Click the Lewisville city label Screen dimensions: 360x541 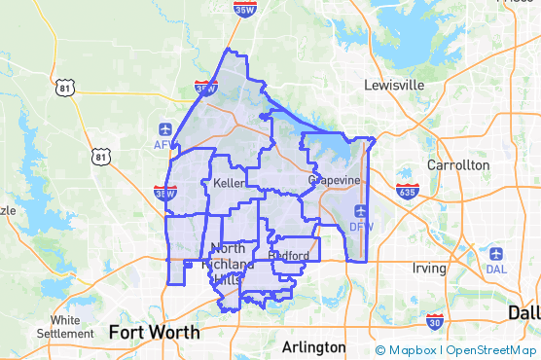coord(394,85)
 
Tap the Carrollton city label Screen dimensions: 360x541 coord(458,165)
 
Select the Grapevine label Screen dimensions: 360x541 coord(334,181)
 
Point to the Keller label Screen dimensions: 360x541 coord(228,183)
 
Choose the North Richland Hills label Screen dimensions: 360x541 coord(227,263)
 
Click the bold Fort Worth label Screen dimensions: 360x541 coord(155,332)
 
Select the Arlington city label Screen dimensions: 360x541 coord(312,347)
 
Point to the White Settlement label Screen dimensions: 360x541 coord(65,326)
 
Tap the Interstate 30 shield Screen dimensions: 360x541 coord(434,321)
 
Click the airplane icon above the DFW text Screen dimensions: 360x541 coord(361,210)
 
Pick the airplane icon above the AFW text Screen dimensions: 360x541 coord(163,129)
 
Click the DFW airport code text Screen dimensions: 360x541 coord(361,227)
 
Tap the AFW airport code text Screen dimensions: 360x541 coord(162,145)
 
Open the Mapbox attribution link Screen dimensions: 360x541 coord(406,350)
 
